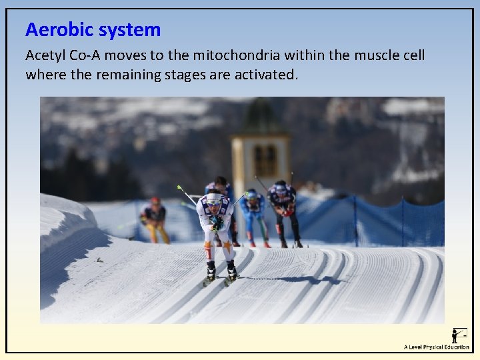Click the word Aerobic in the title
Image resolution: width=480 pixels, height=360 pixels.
tap(59, 29)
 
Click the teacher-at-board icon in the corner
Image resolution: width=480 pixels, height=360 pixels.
tap(459, 335)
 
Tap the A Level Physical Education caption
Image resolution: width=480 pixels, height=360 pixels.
tap(437, 347)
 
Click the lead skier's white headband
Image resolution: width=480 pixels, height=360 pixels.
tap(214, 198)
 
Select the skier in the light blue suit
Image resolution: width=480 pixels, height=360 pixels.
tap(253, 212)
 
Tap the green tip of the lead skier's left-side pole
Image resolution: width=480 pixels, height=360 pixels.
tap(179, 188)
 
